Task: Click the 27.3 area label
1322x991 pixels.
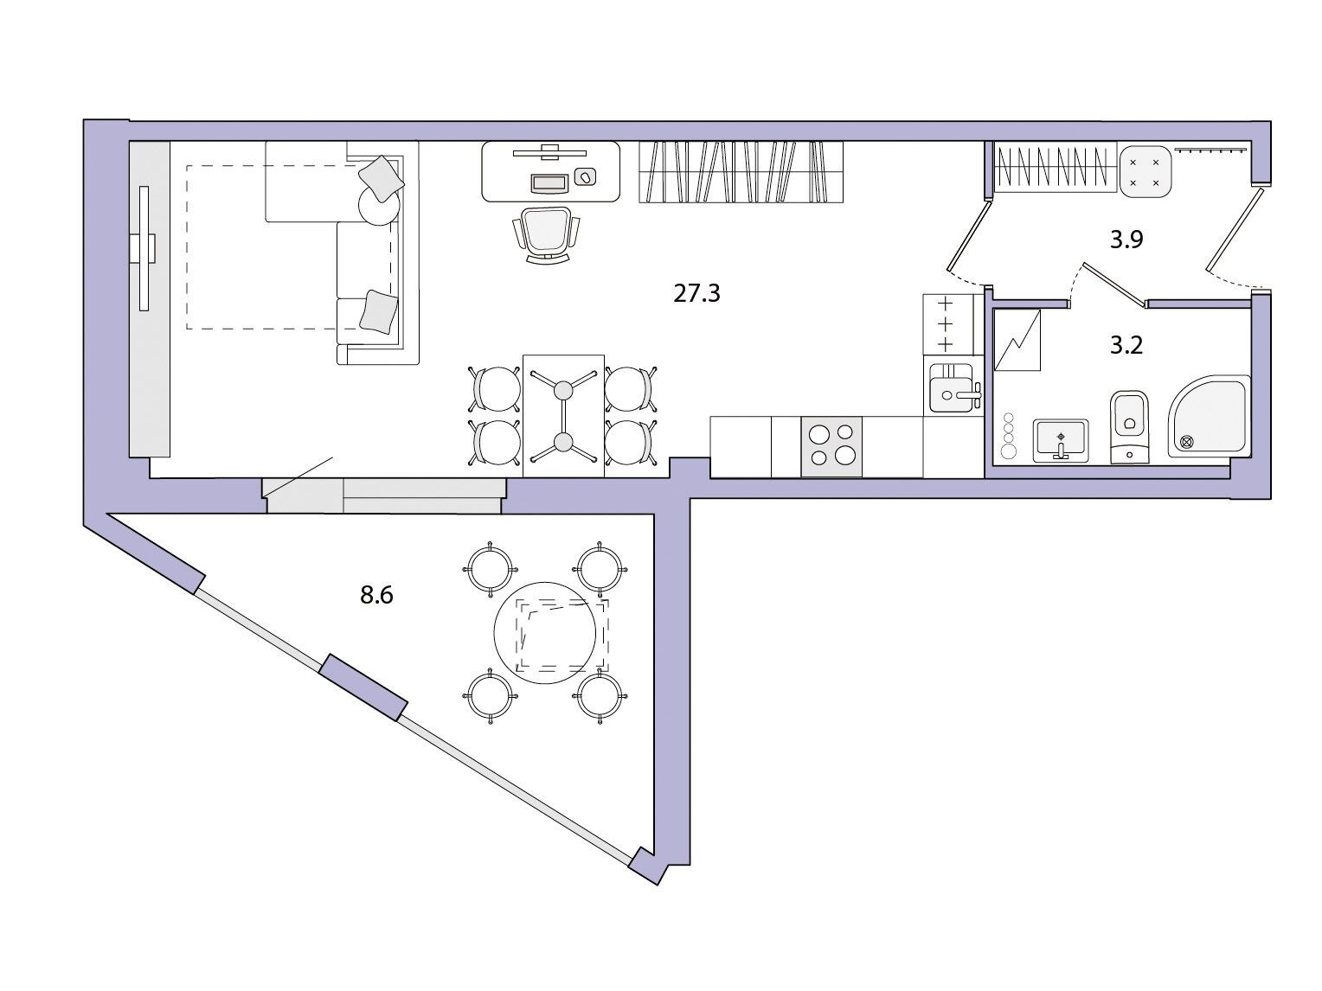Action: click(x=696, y=294)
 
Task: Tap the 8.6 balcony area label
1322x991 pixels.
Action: click(x=376, y=595)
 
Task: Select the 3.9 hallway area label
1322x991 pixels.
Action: click(x=1126, y=240)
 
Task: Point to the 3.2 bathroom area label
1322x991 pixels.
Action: click(x=1126, y=346)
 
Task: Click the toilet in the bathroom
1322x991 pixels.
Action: click(x=1129, y=426)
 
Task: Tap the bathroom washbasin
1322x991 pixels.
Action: click(x=1061, y=440)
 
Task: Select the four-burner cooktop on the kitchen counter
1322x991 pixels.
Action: click(x=831, y=447)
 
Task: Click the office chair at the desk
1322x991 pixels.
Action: click(x=546, y=235)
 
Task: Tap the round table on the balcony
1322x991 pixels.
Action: click(x=544, y=632)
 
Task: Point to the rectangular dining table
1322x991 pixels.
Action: click(x=563, y=416)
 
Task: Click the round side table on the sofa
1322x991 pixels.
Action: click(x=379, y=205)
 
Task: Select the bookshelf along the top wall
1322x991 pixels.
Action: click(x=741, y=171)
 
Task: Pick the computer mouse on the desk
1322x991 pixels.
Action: click(x=585, y=177)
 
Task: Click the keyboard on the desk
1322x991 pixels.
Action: click(x=549, y=183)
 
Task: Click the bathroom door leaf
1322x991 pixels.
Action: click(x=1114, y=284)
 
